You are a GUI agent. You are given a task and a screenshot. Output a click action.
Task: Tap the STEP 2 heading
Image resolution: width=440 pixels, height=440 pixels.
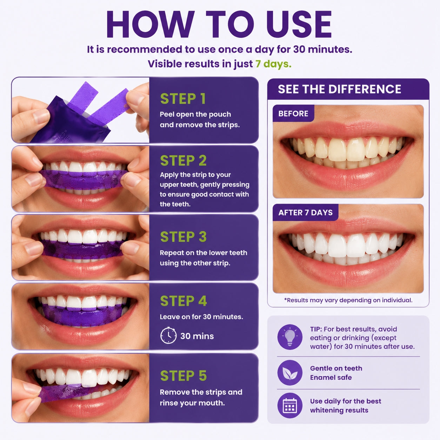(184, 160)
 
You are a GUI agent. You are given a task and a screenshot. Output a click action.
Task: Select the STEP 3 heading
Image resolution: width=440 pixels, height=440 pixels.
(184, 236)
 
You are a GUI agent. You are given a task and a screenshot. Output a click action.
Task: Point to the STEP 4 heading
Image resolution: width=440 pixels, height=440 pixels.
(184, 301)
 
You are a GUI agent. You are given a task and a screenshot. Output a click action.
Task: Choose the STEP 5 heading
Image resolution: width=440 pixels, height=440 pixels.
(184, 375)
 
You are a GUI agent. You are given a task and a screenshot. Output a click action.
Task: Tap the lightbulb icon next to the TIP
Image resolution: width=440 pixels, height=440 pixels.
(290, 337)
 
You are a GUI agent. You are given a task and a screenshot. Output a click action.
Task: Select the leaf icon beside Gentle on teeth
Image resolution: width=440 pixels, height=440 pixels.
(290, 373)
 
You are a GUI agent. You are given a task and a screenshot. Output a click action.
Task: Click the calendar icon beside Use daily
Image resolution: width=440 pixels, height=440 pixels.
(290, 405)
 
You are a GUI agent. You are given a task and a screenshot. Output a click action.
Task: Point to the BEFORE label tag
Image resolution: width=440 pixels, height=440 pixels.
(293, 113)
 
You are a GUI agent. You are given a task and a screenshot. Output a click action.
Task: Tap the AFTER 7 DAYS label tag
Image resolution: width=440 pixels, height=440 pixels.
(306, 213)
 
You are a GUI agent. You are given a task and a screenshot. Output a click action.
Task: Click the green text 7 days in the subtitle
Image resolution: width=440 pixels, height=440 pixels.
(273, 64)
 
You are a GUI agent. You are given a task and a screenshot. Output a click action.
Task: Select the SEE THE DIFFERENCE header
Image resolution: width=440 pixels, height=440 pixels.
(339, 89)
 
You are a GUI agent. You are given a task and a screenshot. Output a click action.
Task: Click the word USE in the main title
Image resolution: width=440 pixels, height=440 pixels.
(299, 24)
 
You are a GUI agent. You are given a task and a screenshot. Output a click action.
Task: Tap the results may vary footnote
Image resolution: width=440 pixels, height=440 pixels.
(348, 300)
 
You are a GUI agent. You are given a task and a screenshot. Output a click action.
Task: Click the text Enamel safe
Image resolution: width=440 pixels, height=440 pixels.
(331, 378)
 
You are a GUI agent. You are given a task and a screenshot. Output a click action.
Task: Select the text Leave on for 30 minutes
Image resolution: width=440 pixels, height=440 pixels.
(201, 317)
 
